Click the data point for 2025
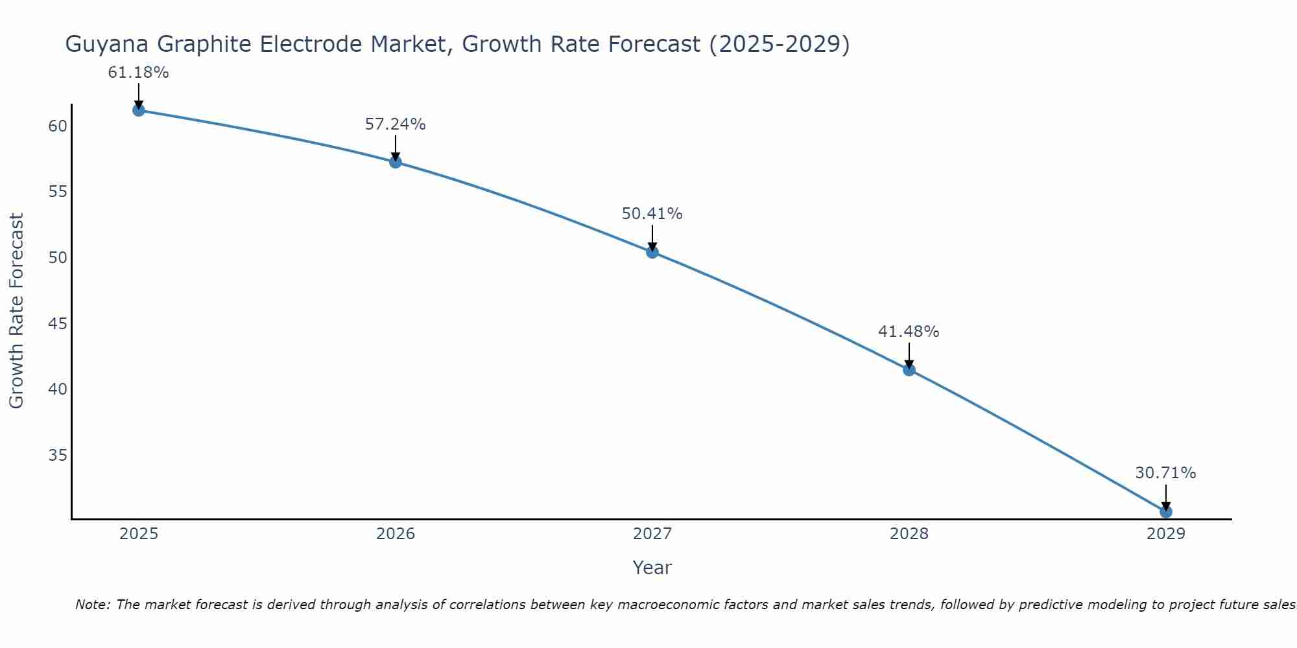click(x=138, y=110)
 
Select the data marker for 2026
click(x=396, y=162)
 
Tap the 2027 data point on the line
click(x=652, y=252)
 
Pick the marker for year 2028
click(x=909, y=370)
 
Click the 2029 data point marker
click(x=1166, y=512)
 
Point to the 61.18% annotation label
click(x=138, y=73)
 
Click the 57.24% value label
click(x=395, y=124)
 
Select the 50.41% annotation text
click(x=652, y=214)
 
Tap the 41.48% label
click(x=909, y=332)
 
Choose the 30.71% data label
click(x=1165, y=473)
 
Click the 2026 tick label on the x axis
click(x=396, y=534)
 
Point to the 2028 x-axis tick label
click(x=909, y=534)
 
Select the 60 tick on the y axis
click(x=58, y=126)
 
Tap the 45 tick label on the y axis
click(x=58, y=323)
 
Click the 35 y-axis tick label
click(x=58, y=456)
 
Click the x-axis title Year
click(x=652, y=568)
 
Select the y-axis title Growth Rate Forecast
click(x=16, y=311)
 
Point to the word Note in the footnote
click(x=92, y=605)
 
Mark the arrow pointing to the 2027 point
click(x=652, y=238)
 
